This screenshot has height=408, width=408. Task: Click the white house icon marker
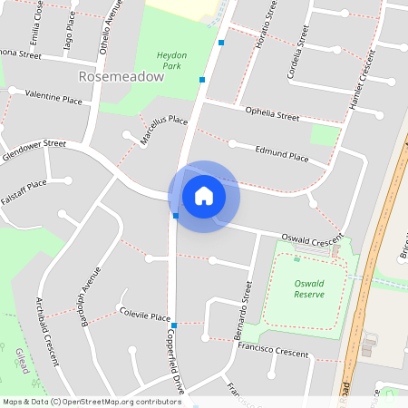coord(203,196)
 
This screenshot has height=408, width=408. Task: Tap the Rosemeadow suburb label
coord(121,77)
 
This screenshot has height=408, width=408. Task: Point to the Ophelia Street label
coord(272,114)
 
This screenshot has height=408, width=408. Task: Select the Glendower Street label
coord(34,145)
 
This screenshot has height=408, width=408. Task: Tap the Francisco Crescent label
coord(274,350)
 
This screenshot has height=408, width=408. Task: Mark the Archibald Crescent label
coord(46,330)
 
